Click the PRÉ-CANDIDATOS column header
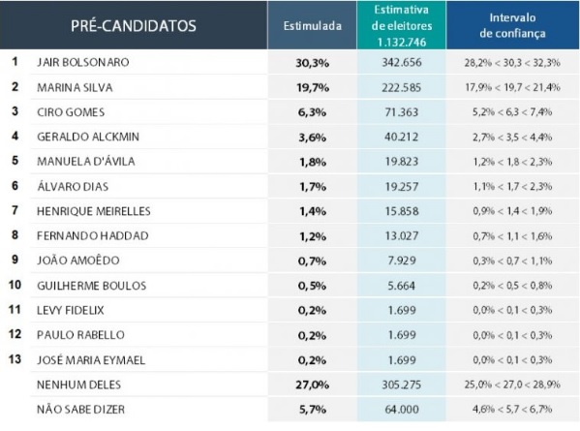[x=134, y=26]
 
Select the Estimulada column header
[x=312, y=26]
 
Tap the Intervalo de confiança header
[x=512, y=25]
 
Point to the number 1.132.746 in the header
[x=402, y=43]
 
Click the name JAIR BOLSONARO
[x=83, y=62]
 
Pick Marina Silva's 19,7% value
[x=313, y=88]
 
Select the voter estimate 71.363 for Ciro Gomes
[x=402, y=112]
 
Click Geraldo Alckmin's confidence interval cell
[x=512, y=138]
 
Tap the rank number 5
[x=15, y=161]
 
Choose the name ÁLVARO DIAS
[x=73, y=186]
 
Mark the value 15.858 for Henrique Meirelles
[x=402, y=211]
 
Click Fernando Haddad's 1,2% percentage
[x=313, y=236]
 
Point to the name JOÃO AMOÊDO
[x=78, y=261]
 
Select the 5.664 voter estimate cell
[x=402, y=286]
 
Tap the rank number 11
[x=15, y=309]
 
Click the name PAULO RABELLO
[x=80, y=335]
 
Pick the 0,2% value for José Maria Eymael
[x=312, y=360]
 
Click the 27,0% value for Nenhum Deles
[x=313, y=385]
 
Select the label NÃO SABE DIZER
[x=80, y=409]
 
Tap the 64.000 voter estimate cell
[x=402, y=410]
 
